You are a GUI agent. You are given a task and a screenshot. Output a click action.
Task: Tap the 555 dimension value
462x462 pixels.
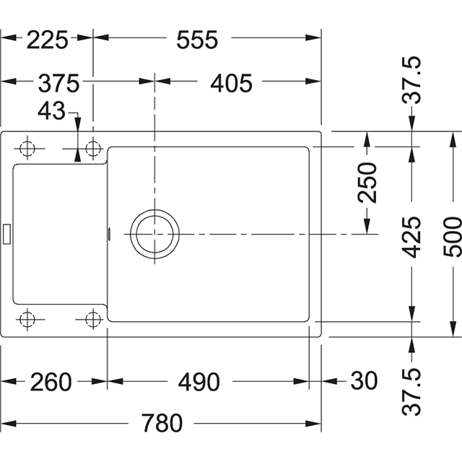coord(196,40)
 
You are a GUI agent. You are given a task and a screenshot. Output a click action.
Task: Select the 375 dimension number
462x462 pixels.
coord(58,84)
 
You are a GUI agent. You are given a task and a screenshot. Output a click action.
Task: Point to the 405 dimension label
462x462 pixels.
coord(231,84)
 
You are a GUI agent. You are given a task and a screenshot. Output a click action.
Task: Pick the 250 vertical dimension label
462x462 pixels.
coord(369,183)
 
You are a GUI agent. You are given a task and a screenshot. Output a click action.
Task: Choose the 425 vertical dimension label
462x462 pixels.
coord(412,237)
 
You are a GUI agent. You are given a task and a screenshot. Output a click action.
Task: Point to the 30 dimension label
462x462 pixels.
coord(365,381)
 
